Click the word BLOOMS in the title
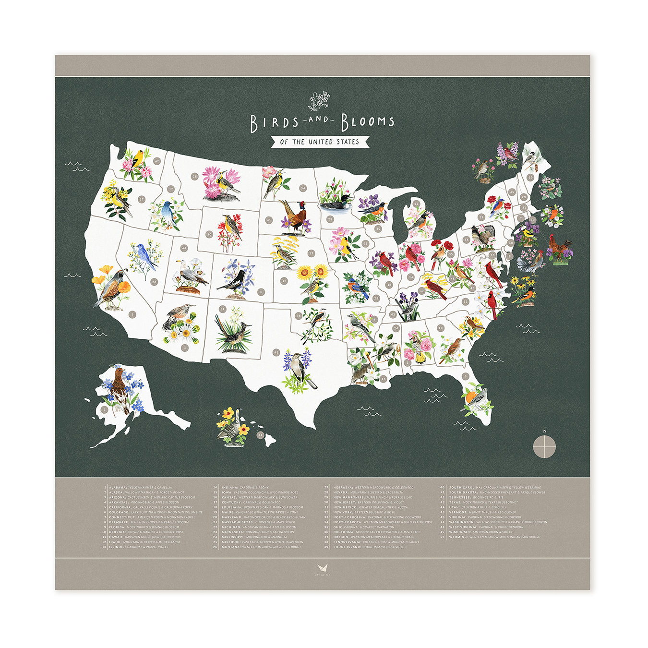pyautogui.click(x=368, y=122)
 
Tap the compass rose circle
pyautogui.click(x=545, y=446)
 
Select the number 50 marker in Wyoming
pyautogui.click(x=209, y=234)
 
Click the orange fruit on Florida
pyautogui.click(x=470, y=397)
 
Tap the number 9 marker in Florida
pyautogui.click(x=465, y=376)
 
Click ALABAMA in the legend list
pyautogui.click(x=118, y=487)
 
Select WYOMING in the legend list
pyautogui.click(x=458, y=537)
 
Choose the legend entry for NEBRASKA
pyautogui.click(x=343, y=487)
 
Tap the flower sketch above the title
pyautogui.click(x=319, y=101)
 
